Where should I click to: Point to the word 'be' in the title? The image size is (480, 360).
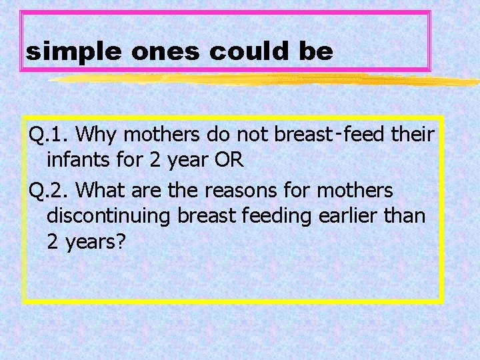pyautogui.click(x=316, y=52)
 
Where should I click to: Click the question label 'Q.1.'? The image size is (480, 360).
pyautogui.click(x=49, y=135)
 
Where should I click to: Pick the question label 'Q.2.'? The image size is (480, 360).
pyautogui.click(x=49, y=191)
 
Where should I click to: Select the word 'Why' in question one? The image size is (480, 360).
pyautogui.click(x=98, y=135)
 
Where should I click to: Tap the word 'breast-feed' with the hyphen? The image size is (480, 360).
pyautogui.click(x=329, y=135)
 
